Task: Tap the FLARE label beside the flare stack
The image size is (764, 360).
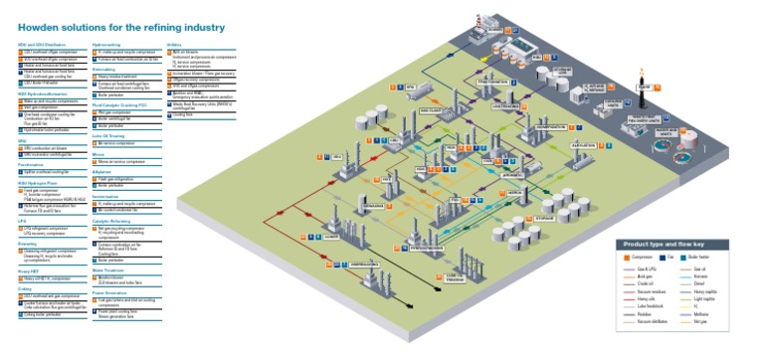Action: pos(642,87)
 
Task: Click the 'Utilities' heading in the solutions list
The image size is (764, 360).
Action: pos(176,45)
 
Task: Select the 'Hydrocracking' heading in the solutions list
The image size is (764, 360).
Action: pos(106,45)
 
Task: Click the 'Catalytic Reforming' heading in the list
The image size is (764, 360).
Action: pos(112,220)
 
